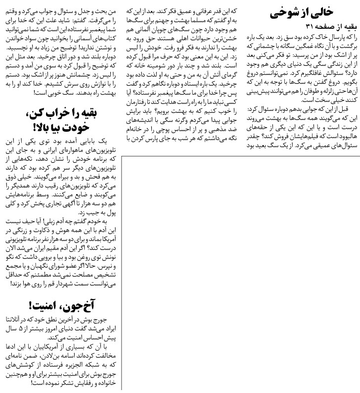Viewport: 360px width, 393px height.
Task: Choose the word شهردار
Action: click(54, 285)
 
